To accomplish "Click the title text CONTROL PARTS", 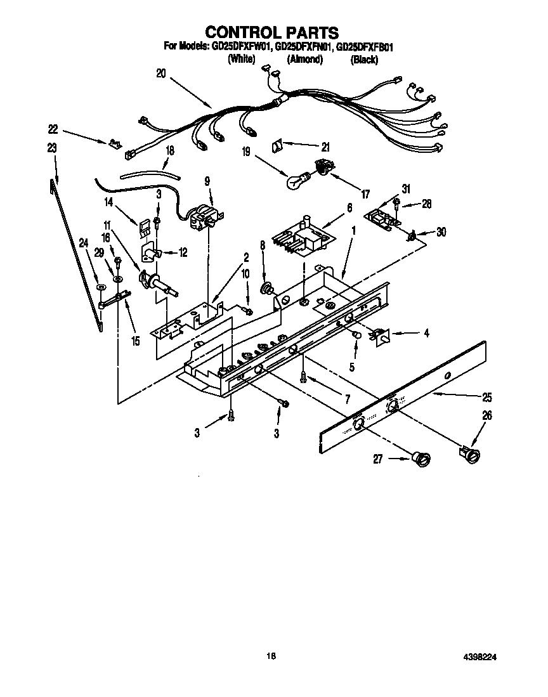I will pyautogui.click(x=271, y=32).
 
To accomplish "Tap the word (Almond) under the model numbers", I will pyautogui.click(x=304, y=60).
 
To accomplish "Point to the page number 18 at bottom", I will pyautogui.click(x=271, y=657).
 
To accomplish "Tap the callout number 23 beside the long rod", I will pyautogui.click(x=51, y=147).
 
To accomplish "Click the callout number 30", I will pyautogui.click(x=441, y=232).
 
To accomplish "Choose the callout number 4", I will pyautogui.click(x=426, y=332).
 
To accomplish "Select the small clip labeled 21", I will pyautogui.click(x=277, y=146).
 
